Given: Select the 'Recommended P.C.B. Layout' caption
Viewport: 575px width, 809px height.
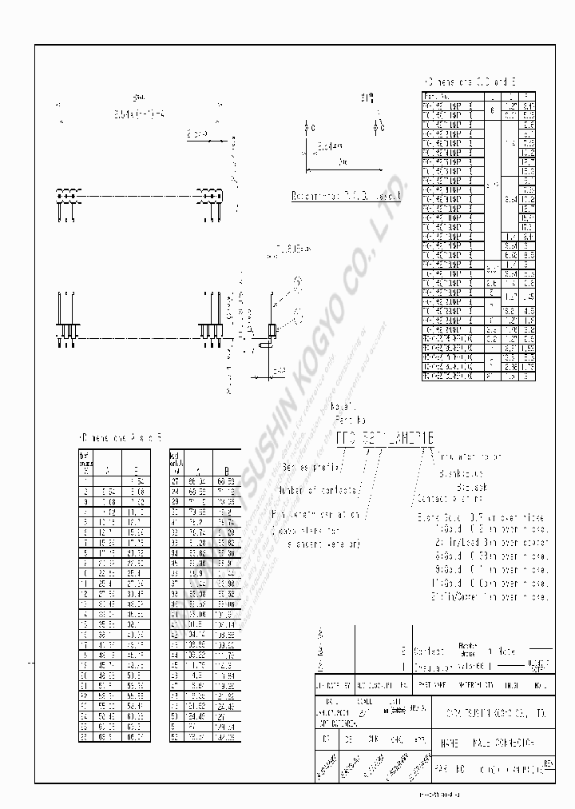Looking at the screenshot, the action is click(x=347, y=195).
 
